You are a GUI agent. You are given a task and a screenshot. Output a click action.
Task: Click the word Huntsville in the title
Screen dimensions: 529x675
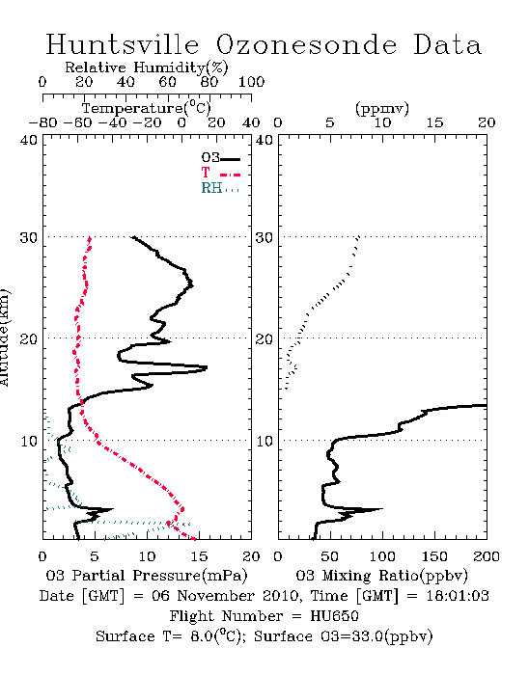coord(123,44)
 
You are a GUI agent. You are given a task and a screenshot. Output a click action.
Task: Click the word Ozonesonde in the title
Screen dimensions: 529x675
coord(306,44)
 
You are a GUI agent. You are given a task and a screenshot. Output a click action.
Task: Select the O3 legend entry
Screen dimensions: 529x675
coord(220,158)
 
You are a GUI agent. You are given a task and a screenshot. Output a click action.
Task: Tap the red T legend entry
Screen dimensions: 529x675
coord(220,173)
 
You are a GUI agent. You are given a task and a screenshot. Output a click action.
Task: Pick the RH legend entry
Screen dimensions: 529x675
coord(220,188)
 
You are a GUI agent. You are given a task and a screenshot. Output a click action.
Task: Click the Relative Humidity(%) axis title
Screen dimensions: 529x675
coord(147,67)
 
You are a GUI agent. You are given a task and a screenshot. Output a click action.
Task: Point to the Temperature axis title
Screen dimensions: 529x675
coord(147,108)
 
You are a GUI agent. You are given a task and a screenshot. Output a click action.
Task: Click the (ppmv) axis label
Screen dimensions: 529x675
coord(382,108)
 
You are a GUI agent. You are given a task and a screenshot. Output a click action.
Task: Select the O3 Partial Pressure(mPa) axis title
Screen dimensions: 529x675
coord(147,576)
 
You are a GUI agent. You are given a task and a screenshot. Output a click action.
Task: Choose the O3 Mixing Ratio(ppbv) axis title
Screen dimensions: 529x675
coord(381,576)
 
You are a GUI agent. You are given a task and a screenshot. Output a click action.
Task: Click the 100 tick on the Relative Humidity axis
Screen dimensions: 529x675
coord(252,82)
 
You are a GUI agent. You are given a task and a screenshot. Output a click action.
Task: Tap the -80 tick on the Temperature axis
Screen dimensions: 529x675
coord(42,123)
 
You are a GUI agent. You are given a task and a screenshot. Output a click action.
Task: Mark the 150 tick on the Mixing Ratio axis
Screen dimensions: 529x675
coord(434,556)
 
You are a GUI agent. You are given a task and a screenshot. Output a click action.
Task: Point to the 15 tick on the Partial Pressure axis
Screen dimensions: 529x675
coord(199,556)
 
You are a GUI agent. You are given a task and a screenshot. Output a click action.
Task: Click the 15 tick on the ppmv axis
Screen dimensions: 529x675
coord(434,123)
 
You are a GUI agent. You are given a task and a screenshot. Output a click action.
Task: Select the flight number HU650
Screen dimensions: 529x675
coord(334,616)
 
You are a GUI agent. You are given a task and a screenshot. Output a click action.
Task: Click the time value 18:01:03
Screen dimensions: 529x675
coord(458,596)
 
